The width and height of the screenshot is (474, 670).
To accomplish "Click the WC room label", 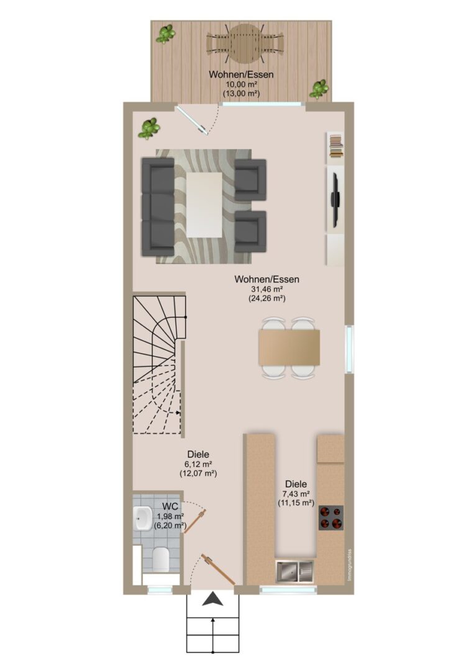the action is [x=170, y=506].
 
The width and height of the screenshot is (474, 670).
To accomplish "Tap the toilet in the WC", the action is [x=160, y=559].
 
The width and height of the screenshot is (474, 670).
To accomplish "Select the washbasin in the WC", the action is [x=142, y=519].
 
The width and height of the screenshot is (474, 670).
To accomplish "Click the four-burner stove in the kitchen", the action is [x=330, y=518].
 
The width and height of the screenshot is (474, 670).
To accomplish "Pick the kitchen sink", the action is [x=294, y=571].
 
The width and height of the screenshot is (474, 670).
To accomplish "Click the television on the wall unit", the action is [x=336, y=199].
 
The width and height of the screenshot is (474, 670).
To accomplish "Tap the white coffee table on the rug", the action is [x=204, y=205].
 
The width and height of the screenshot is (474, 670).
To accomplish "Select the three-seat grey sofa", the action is [x=158, y=207].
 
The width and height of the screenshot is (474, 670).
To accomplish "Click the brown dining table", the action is [x=289, y=347].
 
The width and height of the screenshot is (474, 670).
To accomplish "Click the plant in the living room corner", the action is [x=149, y=128].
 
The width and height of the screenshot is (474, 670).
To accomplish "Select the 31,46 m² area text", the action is [x=267, y=289].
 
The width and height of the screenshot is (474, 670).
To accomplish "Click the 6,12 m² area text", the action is [x=198, y=465].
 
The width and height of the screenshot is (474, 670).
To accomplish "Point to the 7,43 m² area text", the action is [x=296, y=494].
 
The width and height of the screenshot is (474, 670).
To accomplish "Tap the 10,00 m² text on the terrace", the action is [x=241, y=84].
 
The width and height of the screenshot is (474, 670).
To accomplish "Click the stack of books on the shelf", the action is [x=336, y=146].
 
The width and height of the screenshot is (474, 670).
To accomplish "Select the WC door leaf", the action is [x=196, y=520].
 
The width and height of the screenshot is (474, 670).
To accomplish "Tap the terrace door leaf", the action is [x=192, y=120].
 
